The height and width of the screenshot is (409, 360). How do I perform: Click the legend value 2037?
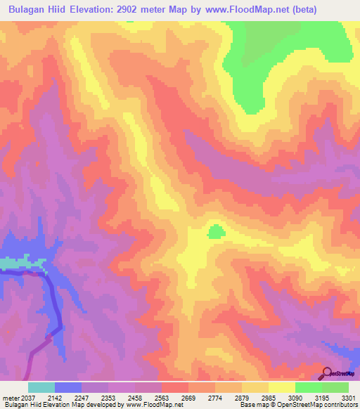[28, 397]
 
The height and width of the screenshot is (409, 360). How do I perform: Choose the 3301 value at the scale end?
[347, 397]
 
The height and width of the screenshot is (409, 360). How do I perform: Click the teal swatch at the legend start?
[41, 387]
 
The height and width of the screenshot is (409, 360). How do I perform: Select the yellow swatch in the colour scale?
[281, 387]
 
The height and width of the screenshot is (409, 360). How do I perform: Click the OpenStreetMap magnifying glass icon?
[327, 373]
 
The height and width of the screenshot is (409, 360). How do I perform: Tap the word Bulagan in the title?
[27, 10]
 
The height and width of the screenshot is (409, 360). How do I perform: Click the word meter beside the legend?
[10, 397]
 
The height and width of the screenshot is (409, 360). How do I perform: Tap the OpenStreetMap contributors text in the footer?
[316, 405]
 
